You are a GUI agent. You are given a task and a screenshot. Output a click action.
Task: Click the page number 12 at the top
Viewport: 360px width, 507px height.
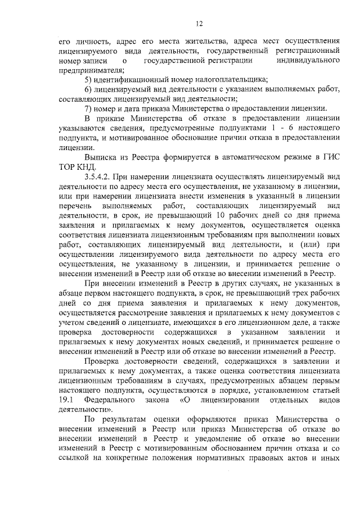pos(199,23)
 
